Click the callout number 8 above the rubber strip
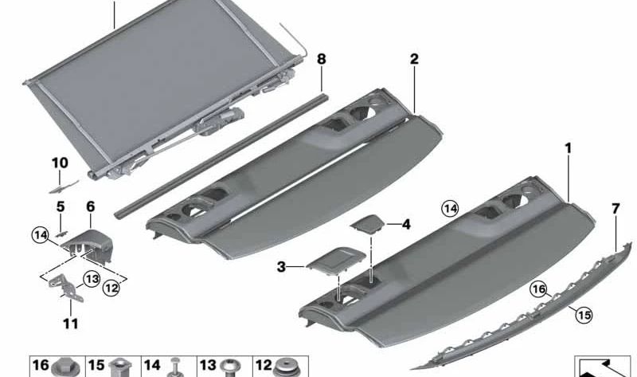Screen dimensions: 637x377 [321, 59]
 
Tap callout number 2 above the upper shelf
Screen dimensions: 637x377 [413, 59]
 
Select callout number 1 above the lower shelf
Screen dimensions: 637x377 [568, 148]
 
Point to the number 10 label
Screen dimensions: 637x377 [60, 163]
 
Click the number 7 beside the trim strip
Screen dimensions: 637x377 [616, 209]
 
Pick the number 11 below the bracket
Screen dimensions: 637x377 [70, 324]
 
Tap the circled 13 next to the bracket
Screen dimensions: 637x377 [92, 279]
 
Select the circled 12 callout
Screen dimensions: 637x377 [111, 288]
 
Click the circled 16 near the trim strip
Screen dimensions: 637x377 [539, 289]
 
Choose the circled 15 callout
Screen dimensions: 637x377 [584, 315]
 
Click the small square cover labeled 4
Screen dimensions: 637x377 [367, 225]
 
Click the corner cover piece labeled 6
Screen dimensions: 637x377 [87, 245]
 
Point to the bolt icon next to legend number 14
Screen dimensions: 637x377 [175, 367]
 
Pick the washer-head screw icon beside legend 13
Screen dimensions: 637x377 [230, 367]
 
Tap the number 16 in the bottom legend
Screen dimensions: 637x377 [41, 365]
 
